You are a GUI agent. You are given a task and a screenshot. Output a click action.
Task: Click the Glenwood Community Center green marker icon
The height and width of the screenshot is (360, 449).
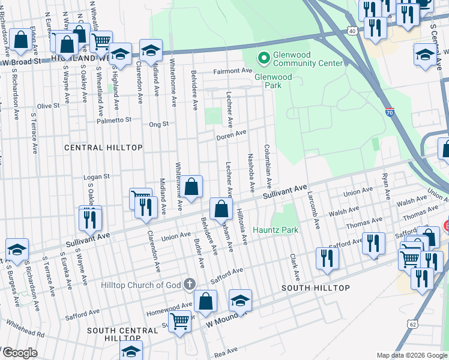(x=263, y=58)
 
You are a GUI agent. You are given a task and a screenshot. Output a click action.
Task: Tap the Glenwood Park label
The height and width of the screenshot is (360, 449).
(x=273, y=81)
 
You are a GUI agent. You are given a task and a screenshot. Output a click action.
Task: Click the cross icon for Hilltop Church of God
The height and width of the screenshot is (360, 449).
(x=190, y=284)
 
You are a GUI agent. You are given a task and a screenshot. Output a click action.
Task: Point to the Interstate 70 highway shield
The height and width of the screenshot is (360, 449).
(x=390, y=111)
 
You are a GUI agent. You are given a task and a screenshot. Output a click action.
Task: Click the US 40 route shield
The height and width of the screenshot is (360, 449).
(x=352, y=30)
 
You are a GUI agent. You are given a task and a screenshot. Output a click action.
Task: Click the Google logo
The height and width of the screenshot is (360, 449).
(x=20, y=352)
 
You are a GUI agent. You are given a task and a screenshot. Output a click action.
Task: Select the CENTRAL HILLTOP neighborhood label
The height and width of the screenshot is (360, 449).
(x=103, y=147)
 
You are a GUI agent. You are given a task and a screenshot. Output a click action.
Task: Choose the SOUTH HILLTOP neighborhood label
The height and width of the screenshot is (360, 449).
(x=315, y=288)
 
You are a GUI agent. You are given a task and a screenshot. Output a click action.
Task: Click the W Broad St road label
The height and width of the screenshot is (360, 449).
(x=22, y=61)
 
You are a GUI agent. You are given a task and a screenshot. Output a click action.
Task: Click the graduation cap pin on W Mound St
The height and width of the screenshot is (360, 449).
(x=240, y=300)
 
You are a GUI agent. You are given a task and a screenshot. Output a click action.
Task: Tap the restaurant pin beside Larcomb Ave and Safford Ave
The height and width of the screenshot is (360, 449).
(x=327, y=257)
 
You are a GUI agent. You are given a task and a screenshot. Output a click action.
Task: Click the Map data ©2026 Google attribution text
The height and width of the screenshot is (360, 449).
(x=411, y=355)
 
